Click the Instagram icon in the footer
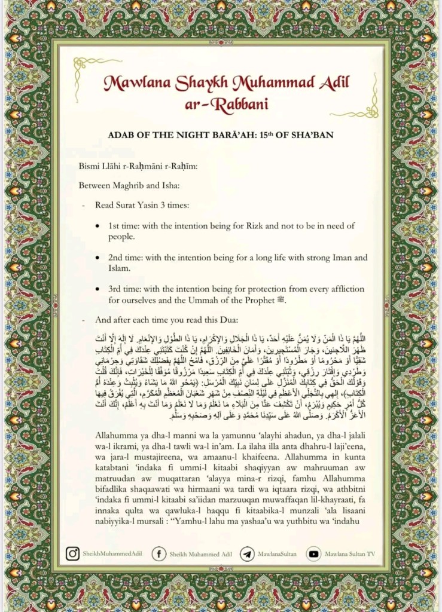(72, 554)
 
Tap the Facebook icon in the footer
(158, 554)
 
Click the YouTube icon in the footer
(313, 554)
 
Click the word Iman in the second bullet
(343, 257)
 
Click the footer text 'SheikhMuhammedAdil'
(112, 555)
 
